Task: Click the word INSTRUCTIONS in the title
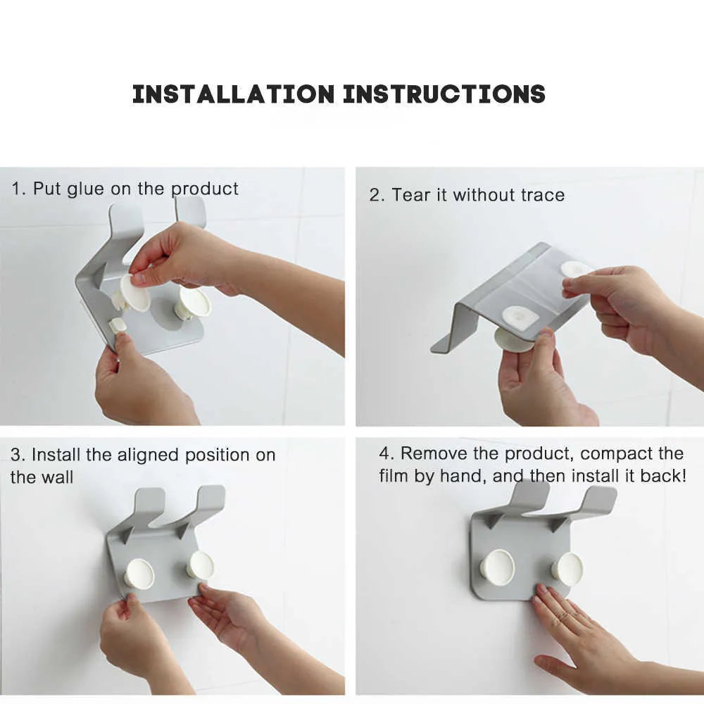(444, 94)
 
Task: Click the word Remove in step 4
(429, 453)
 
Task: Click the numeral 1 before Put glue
(15, 189)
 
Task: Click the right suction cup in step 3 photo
(199, 565)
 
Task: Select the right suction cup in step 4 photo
(567, 566)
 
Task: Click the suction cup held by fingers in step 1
(134, 291)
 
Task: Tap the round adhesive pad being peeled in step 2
(575, 269)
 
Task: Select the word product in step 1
(205, 189)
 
